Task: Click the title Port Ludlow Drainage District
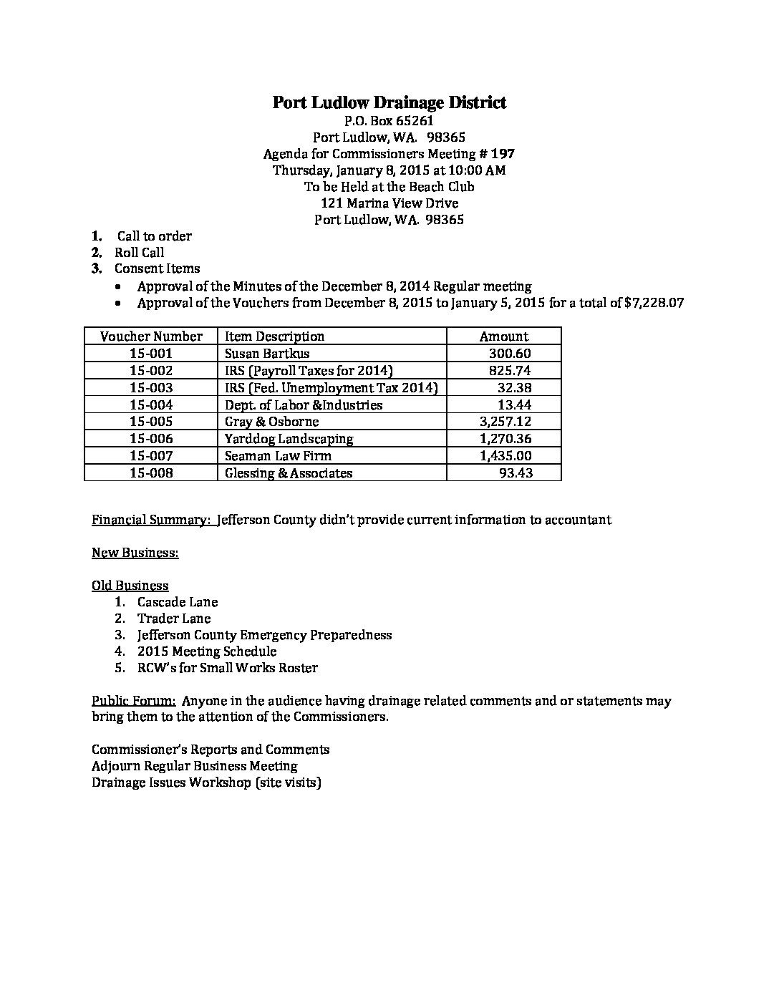[389, 102]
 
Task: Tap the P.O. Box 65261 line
[389, 121]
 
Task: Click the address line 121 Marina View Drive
[389, 203]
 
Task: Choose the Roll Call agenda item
[139, 253]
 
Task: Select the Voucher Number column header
[151, 336]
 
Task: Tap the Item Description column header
[274, 336]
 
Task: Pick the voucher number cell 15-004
[151, 405]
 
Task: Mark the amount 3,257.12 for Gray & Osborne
[505, 422]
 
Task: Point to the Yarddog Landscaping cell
[289, 439]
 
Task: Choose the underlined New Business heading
[135, 553]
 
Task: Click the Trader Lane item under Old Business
[174, 619]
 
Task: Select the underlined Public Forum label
[133, 701]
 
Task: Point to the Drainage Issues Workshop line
[206, 782]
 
